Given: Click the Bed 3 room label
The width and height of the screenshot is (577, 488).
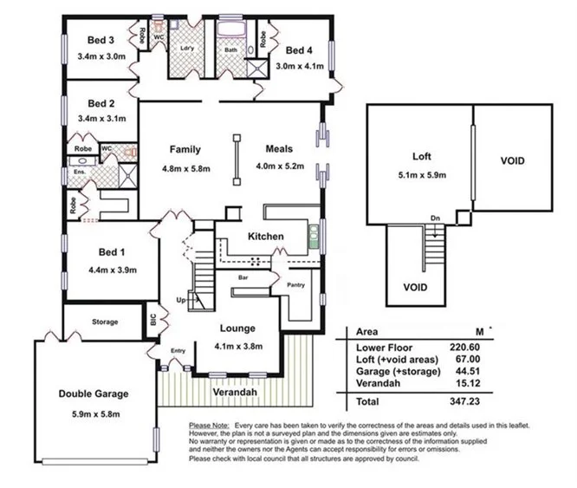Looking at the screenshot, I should [101, 40].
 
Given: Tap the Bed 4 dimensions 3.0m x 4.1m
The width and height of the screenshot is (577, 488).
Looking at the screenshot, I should [299, 66].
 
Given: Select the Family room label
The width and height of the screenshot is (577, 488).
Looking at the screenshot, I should [185, 149].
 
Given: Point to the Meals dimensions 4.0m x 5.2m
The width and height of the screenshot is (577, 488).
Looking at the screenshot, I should [278, 167].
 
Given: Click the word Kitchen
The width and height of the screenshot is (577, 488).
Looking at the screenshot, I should [266, 236].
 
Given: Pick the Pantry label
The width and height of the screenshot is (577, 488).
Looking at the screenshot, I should [295, 283].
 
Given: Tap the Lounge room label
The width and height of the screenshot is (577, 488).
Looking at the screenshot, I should [237, 329].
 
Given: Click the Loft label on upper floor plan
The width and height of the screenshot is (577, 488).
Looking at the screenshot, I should [422, 158].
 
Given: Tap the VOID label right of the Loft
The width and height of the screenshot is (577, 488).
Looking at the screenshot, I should [513, 161].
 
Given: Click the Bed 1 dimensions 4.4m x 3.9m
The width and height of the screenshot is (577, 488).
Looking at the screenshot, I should [112, 270].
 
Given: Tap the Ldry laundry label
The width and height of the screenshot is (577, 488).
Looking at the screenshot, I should [185, 48].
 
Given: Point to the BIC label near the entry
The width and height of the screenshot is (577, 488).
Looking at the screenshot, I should [154, 320].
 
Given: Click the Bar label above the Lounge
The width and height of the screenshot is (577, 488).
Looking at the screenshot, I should [243, 277].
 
